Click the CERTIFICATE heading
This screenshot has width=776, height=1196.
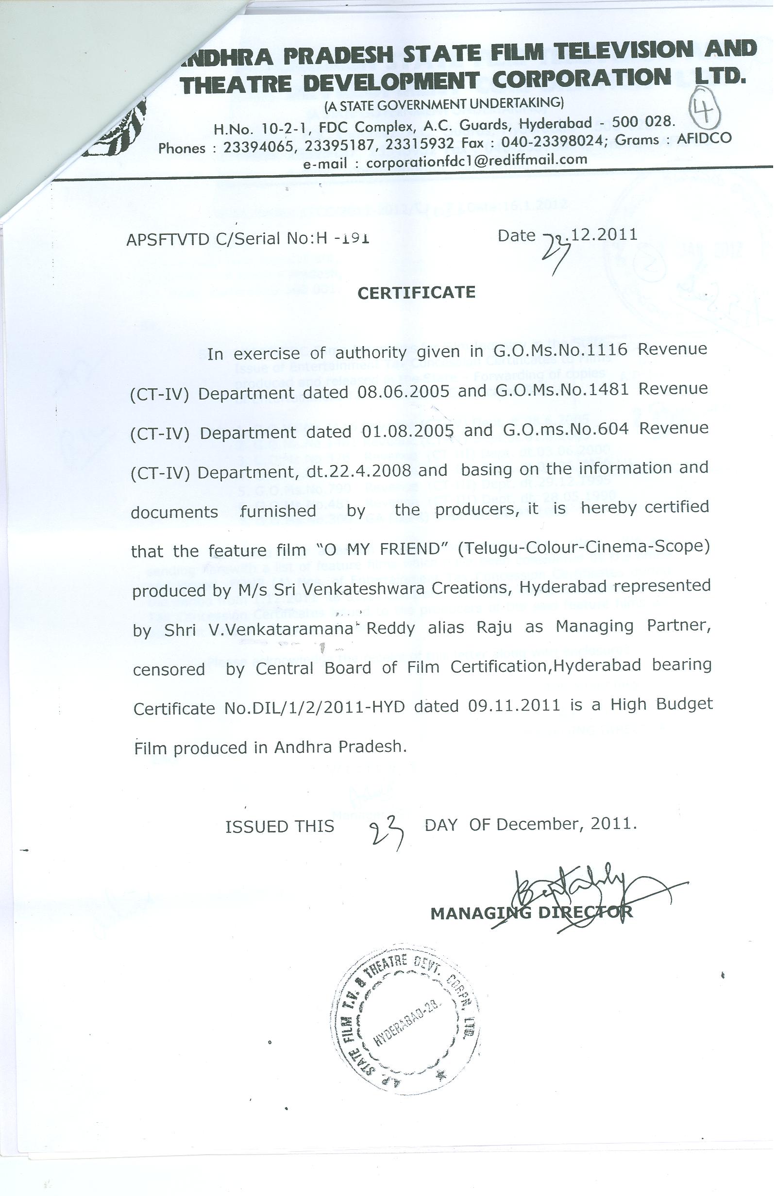coord(416,293)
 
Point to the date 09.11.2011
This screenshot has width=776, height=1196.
coord(513,706)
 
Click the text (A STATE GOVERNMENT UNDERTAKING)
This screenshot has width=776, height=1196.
coord(444,104)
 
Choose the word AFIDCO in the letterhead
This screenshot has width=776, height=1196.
coord(704,139)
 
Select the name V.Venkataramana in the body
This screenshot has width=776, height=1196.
coord(279,629)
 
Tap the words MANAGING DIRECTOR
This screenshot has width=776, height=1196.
coord(531,913)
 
